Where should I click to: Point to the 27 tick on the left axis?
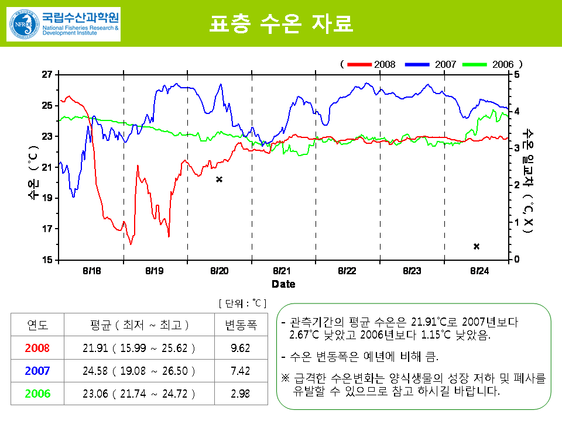47,74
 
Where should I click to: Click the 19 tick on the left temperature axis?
47,198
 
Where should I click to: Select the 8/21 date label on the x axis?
282,271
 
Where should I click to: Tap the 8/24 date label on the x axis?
479,271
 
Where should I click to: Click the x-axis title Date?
283,284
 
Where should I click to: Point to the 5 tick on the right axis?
516,74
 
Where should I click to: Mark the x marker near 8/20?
219,180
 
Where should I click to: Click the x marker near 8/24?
477,247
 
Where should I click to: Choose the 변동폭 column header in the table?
241,325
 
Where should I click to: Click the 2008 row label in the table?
37,348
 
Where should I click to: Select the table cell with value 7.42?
241,371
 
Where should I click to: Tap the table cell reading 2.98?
241,394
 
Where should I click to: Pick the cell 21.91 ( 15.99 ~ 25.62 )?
139,348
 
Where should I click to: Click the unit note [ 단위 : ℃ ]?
242,303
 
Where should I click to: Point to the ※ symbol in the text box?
286,378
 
